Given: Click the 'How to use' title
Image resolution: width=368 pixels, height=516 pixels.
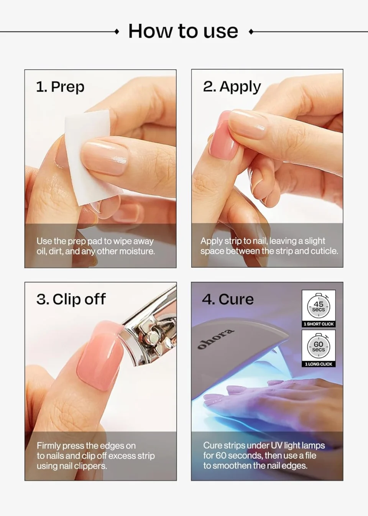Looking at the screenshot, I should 183,31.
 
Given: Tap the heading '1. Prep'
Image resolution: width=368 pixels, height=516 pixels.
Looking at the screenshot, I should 60,87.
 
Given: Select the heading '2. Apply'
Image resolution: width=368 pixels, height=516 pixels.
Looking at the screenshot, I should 232,87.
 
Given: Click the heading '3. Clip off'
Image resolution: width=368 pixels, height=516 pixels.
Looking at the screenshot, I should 71,299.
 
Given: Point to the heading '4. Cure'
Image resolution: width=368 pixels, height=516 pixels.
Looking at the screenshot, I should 228,299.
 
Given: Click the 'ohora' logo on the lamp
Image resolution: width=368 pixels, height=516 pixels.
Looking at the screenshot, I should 215,339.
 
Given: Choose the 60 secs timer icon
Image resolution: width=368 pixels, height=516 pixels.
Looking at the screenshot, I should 319,346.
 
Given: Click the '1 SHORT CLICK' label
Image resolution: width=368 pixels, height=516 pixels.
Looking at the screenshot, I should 319,324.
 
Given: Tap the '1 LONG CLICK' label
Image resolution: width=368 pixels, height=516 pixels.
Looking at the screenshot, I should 319,364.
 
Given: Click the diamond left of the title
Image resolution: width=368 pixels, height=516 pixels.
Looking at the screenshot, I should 117,32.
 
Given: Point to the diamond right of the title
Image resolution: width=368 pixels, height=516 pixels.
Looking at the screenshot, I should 251,32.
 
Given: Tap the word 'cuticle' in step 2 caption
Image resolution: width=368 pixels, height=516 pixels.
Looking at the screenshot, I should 324,251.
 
